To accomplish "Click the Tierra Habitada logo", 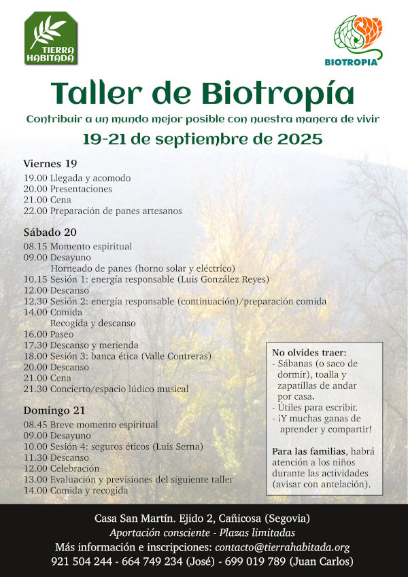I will (51, 39).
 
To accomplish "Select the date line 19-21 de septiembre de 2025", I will (202, 139).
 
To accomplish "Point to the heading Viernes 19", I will (50, 164).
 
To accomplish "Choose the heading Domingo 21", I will (54, 410).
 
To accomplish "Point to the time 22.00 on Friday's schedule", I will (35, 211).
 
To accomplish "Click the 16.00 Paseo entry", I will (48, 334).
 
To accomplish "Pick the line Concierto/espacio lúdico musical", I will (119, 389).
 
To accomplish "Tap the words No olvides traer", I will (309, 352).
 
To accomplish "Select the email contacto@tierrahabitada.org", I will (282, 547).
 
